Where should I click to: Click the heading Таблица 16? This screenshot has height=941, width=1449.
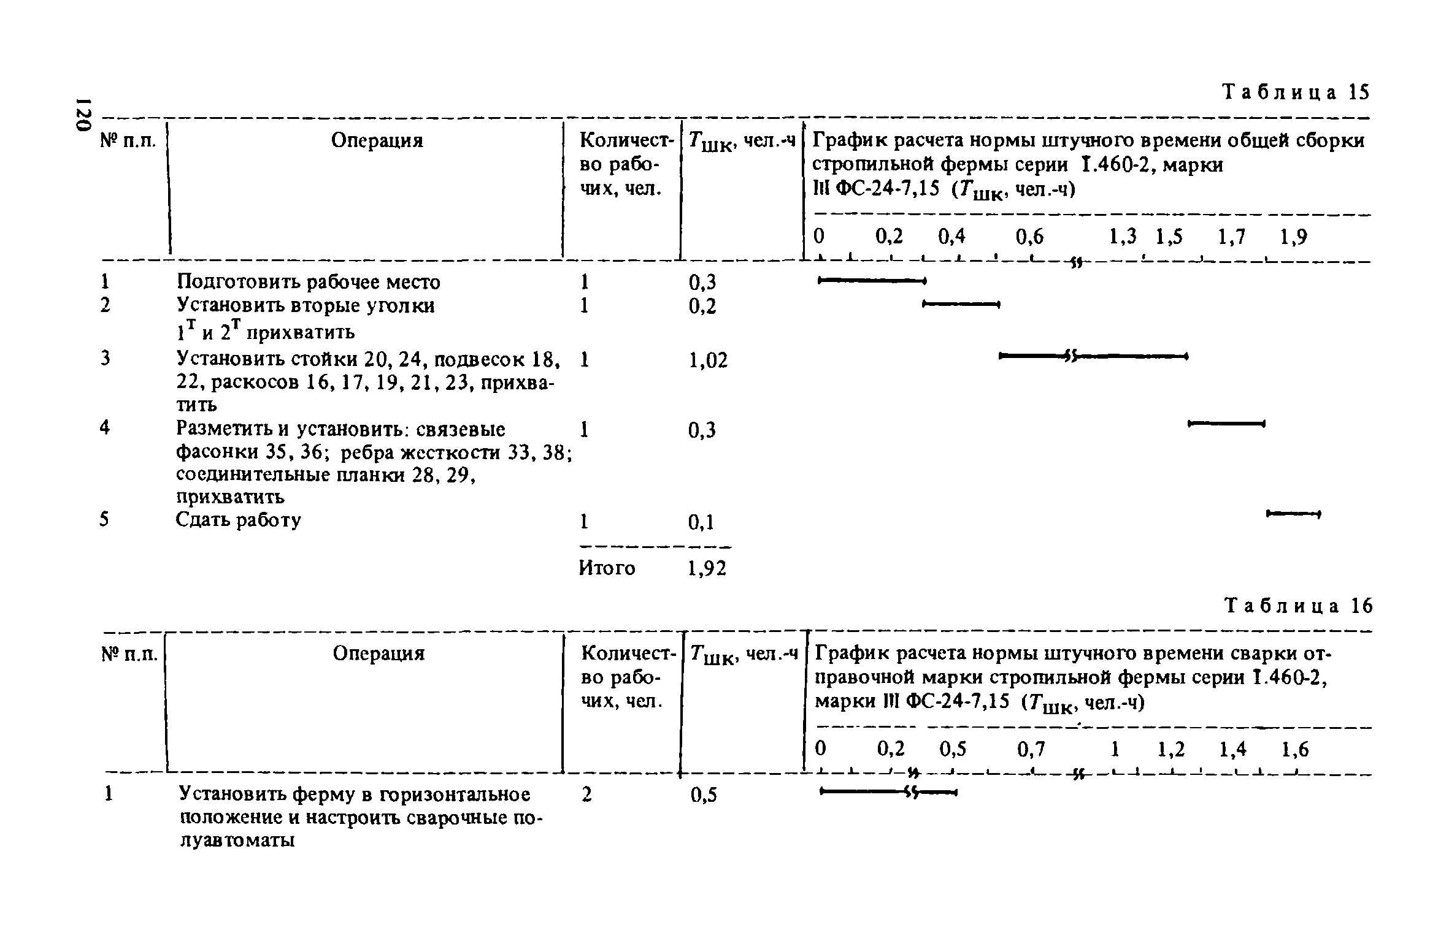(1297, 606)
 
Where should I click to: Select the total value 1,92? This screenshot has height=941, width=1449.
(707, 569)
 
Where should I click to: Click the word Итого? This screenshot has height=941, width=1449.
(607, 568)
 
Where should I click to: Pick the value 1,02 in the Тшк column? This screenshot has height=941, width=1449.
(708, 360)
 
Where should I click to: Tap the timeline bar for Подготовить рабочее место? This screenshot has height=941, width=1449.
(871, 281)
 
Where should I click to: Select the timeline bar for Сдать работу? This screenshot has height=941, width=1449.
(1293, 513)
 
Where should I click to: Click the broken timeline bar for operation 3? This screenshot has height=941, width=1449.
(1093, 356)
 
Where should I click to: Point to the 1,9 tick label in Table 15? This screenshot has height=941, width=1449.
(1293, 237)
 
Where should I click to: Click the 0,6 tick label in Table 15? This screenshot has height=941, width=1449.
(1029, 237)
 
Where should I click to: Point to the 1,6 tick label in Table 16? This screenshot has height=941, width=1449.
(1295, 749)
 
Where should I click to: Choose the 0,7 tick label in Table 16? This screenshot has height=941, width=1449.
(1031, 749)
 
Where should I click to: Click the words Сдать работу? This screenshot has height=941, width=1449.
(238, 520)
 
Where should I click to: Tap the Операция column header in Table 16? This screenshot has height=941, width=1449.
(379, 653)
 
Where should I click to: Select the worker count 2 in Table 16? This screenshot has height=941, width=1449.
(586, 795)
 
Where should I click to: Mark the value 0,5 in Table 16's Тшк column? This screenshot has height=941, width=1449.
(703, 796)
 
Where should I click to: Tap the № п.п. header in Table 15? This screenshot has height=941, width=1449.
(128, 141)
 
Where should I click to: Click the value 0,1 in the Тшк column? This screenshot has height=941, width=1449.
(701, 522)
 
